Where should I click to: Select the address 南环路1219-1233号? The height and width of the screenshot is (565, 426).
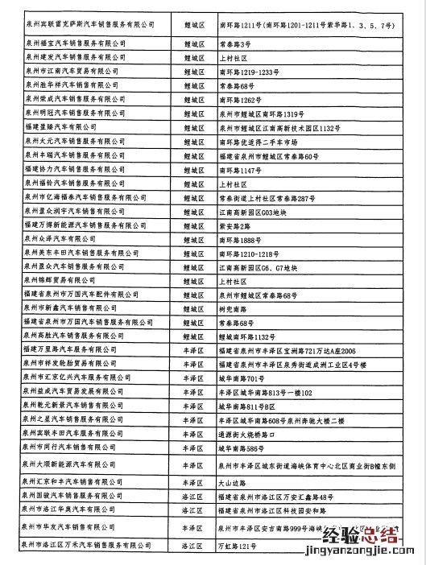[x=250, y=72]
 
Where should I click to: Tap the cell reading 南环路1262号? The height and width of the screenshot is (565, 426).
[x=242, y=100]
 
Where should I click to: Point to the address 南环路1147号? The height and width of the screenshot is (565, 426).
[x=242, y=171]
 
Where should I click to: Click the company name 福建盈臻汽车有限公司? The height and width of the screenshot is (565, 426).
[x=60, y=127]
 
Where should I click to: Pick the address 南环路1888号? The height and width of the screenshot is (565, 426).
[x=242, y=239]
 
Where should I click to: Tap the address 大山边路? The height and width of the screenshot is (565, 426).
[x=234, y=482]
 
